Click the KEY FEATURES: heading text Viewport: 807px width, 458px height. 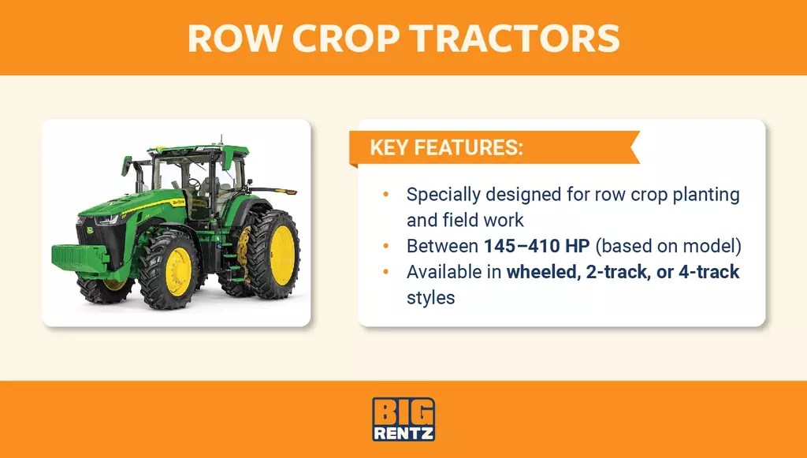coord(446,148)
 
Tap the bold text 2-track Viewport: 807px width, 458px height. coord(622,273)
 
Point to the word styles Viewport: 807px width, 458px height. coord(430,299)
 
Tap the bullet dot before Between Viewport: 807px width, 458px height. coord(385,246)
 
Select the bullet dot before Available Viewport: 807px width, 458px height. coord(385,273)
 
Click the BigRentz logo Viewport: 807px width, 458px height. coord(403,419)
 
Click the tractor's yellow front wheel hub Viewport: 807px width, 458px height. coord(178,271)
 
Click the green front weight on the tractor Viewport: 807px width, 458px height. coord(80,256)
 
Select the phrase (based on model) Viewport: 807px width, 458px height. coord(669,246)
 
